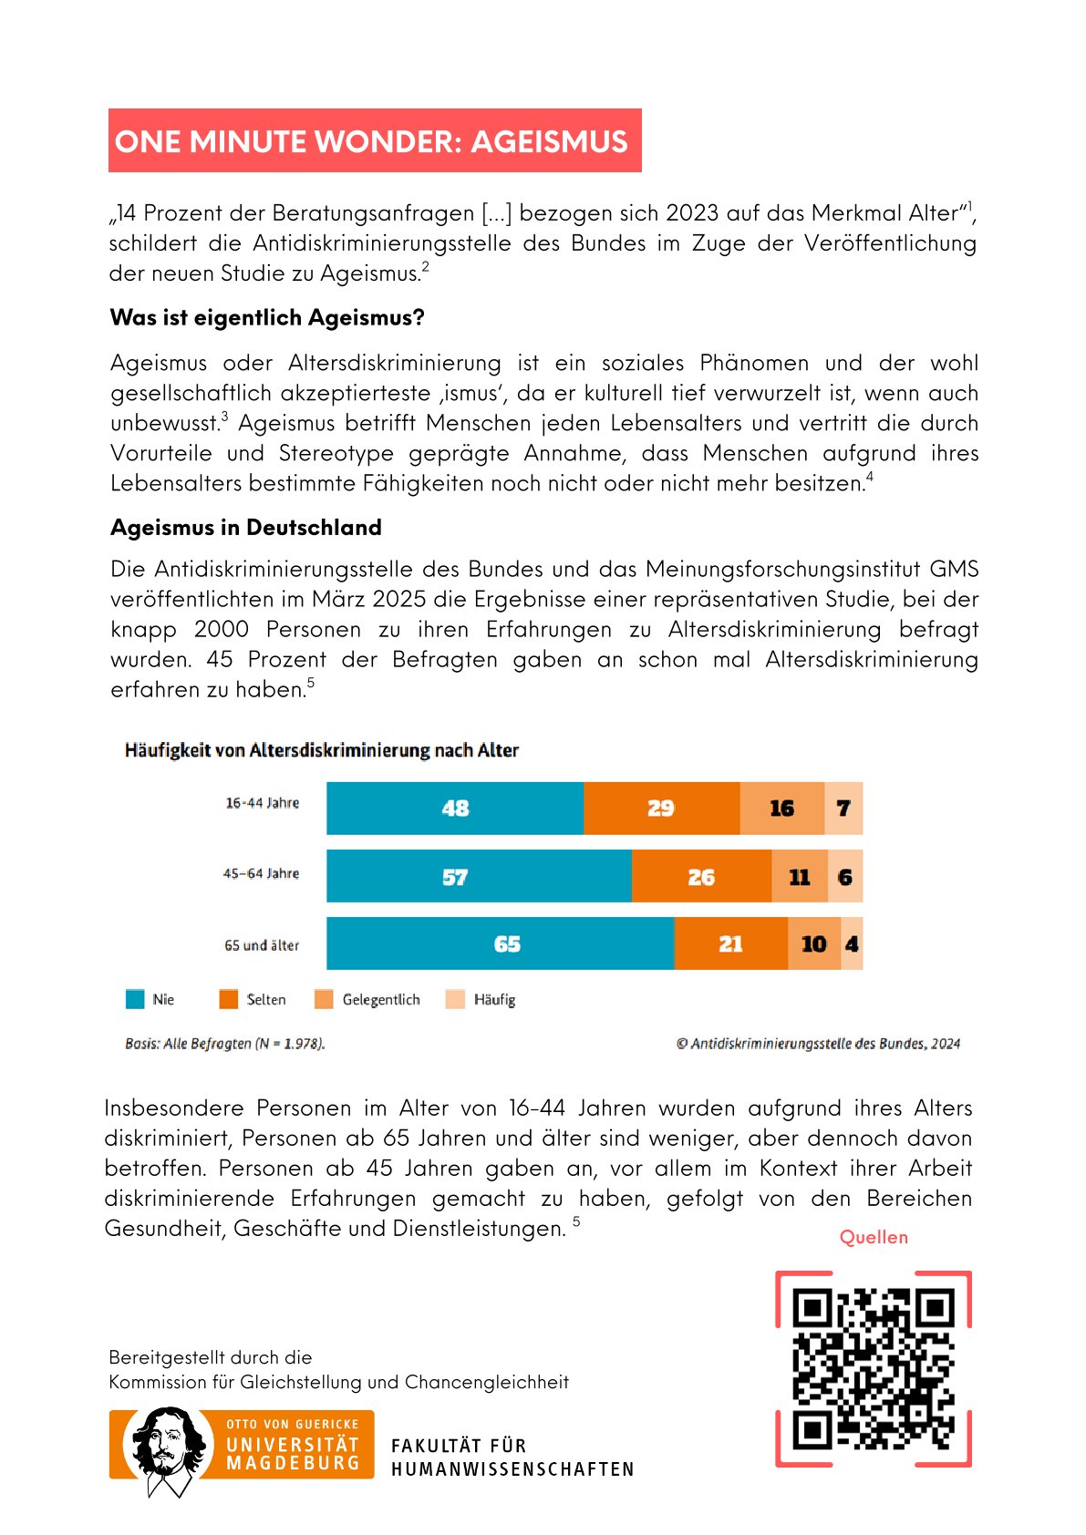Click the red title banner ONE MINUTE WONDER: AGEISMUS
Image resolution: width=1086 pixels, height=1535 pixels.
tap(375, 141)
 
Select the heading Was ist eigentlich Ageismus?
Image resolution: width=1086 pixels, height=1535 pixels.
tap(267, 318)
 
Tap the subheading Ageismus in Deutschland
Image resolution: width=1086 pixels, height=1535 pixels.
tap(246, 528)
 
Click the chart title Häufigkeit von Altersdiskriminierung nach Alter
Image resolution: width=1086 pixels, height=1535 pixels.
tap(322, 750)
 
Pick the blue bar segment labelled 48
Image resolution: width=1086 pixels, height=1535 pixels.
tap(455, 809)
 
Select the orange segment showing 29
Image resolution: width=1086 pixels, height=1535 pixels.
tap(661, 809)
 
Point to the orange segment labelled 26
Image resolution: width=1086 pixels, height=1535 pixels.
tap(701, 877)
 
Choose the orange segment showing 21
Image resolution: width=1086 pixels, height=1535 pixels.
tap(730, 944)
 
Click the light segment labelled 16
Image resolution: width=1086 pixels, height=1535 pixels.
tap(781, 809)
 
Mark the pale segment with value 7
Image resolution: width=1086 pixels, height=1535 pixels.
tap(843, 809)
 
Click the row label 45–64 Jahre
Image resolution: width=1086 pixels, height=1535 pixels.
tap(261, 873)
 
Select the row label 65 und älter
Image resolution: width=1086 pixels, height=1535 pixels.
tap(262, 945)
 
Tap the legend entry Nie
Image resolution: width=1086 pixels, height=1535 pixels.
tap(150, 1000)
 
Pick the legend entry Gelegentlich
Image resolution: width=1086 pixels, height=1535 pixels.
tap(368, 1000)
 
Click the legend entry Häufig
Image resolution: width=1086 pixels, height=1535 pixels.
tap(481, 1000)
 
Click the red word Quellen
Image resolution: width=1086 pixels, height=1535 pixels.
tap(874, 1237)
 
